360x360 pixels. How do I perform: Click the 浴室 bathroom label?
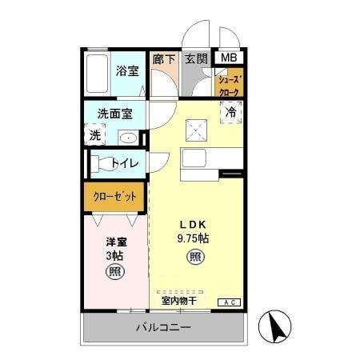click(126, 70)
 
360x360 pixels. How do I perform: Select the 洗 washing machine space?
click(96, 136)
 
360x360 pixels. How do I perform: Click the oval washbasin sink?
click(128, 138)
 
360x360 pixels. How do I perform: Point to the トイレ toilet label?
click(124, 164)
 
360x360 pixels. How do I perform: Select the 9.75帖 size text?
click(194, 238)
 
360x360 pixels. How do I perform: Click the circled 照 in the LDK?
click(194, 257)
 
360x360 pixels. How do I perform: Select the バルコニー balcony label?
click(162, 328)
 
